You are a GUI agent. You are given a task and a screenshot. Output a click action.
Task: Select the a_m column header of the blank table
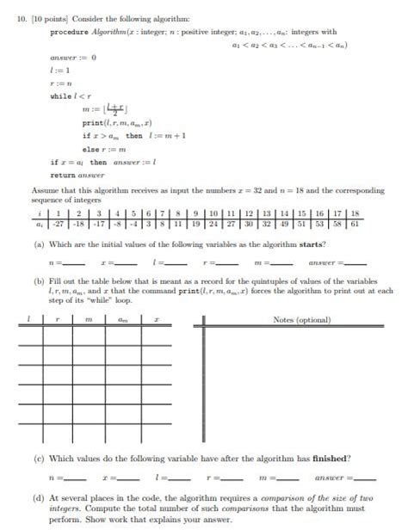[122, 320]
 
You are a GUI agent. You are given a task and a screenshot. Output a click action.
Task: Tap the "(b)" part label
[39, 281]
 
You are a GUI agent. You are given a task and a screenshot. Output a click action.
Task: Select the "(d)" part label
[39, 497]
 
